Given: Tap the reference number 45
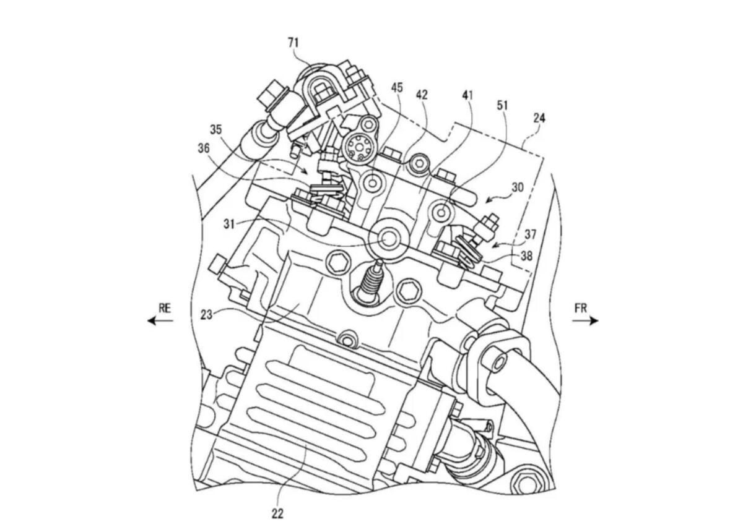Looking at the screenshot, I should (x=397, y=88).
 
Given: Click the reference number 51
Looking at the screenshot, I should (x=502, y=106).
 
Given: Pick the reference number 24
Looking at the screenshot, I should (x=539, y=117).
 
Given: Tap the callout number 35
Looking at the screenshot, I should (x=215, y=131).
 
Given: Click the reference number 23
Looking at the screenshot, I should (x=207, y=315).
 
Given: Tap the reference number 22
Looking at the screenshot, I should (x=277, y=513).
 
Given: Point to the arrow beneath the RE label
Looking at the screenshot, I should (x=160, y=320).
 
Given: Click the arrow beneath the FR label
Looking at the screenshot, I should (x=586, y=320).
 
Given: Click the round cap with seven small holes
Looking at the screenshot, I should (x=358, y=146).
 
